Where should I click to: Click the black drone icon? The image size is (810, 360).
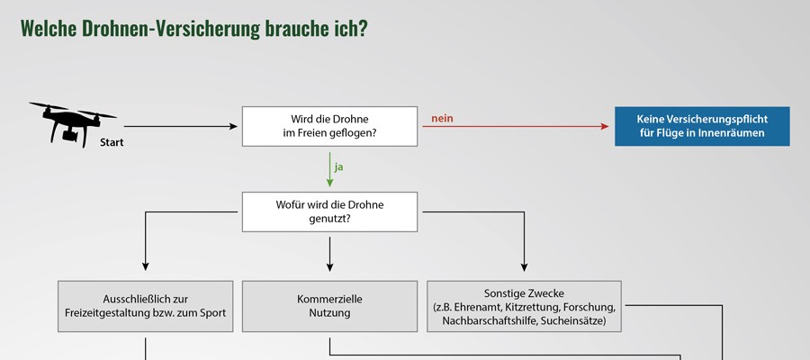(x=72, y=124)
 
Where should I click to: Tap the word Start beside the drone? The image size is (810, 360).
(x=112, y=142)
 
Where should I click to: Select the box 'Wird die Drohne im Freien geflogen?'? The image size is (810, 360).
(x=329, y=127)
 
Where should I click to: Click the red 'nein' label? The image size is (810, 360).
(x=442, y=118)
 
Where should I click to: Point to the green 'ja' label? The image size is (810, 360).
(x=339, y=166)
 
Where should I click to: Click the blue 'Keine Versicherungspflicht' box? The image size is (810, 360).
(x=702, y=127)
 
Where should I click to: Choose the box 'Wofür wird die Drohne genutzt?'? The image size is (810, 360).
(x=329, y=211)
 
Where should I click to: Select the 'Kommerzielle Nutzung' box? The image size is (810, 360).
(x=329, y=306)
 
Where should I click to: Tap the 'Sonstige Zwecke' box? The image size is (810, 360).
(x=524, y=306)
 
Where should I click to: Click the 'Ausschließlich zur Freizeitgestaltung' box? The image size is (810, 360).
(x=145, y=306)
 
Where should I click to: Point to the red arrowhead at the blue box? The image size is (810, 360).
(x=605, y=127)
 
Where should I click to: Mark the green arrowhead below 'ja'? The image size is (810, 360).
(x=329, y=183)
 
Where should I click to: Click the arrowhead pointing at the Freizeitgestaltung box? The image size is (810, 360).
(x=145, y=266)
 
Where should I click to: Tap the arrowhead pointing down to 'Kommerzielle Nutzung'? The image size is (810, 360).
(x=329, y=266)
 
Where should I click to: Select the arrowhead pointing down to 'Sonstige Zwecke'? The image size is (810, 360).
(x=524, y=266)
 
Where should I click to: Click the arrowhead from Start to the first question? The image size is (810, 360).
(x=233, y=127)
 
